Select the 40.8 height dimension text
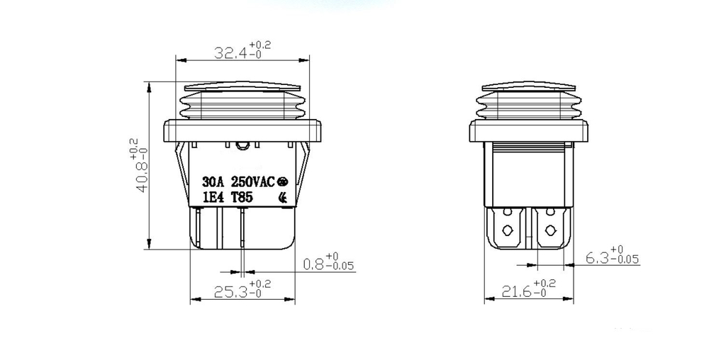tap(142, 175)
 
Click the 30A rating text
tap(214, 181)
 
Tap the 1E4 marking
tap(213, 198)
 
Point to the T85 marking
tap(244, 198)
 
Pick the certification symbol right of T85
tap(283, 198)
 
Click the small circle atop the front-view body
tap(242, 146)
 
